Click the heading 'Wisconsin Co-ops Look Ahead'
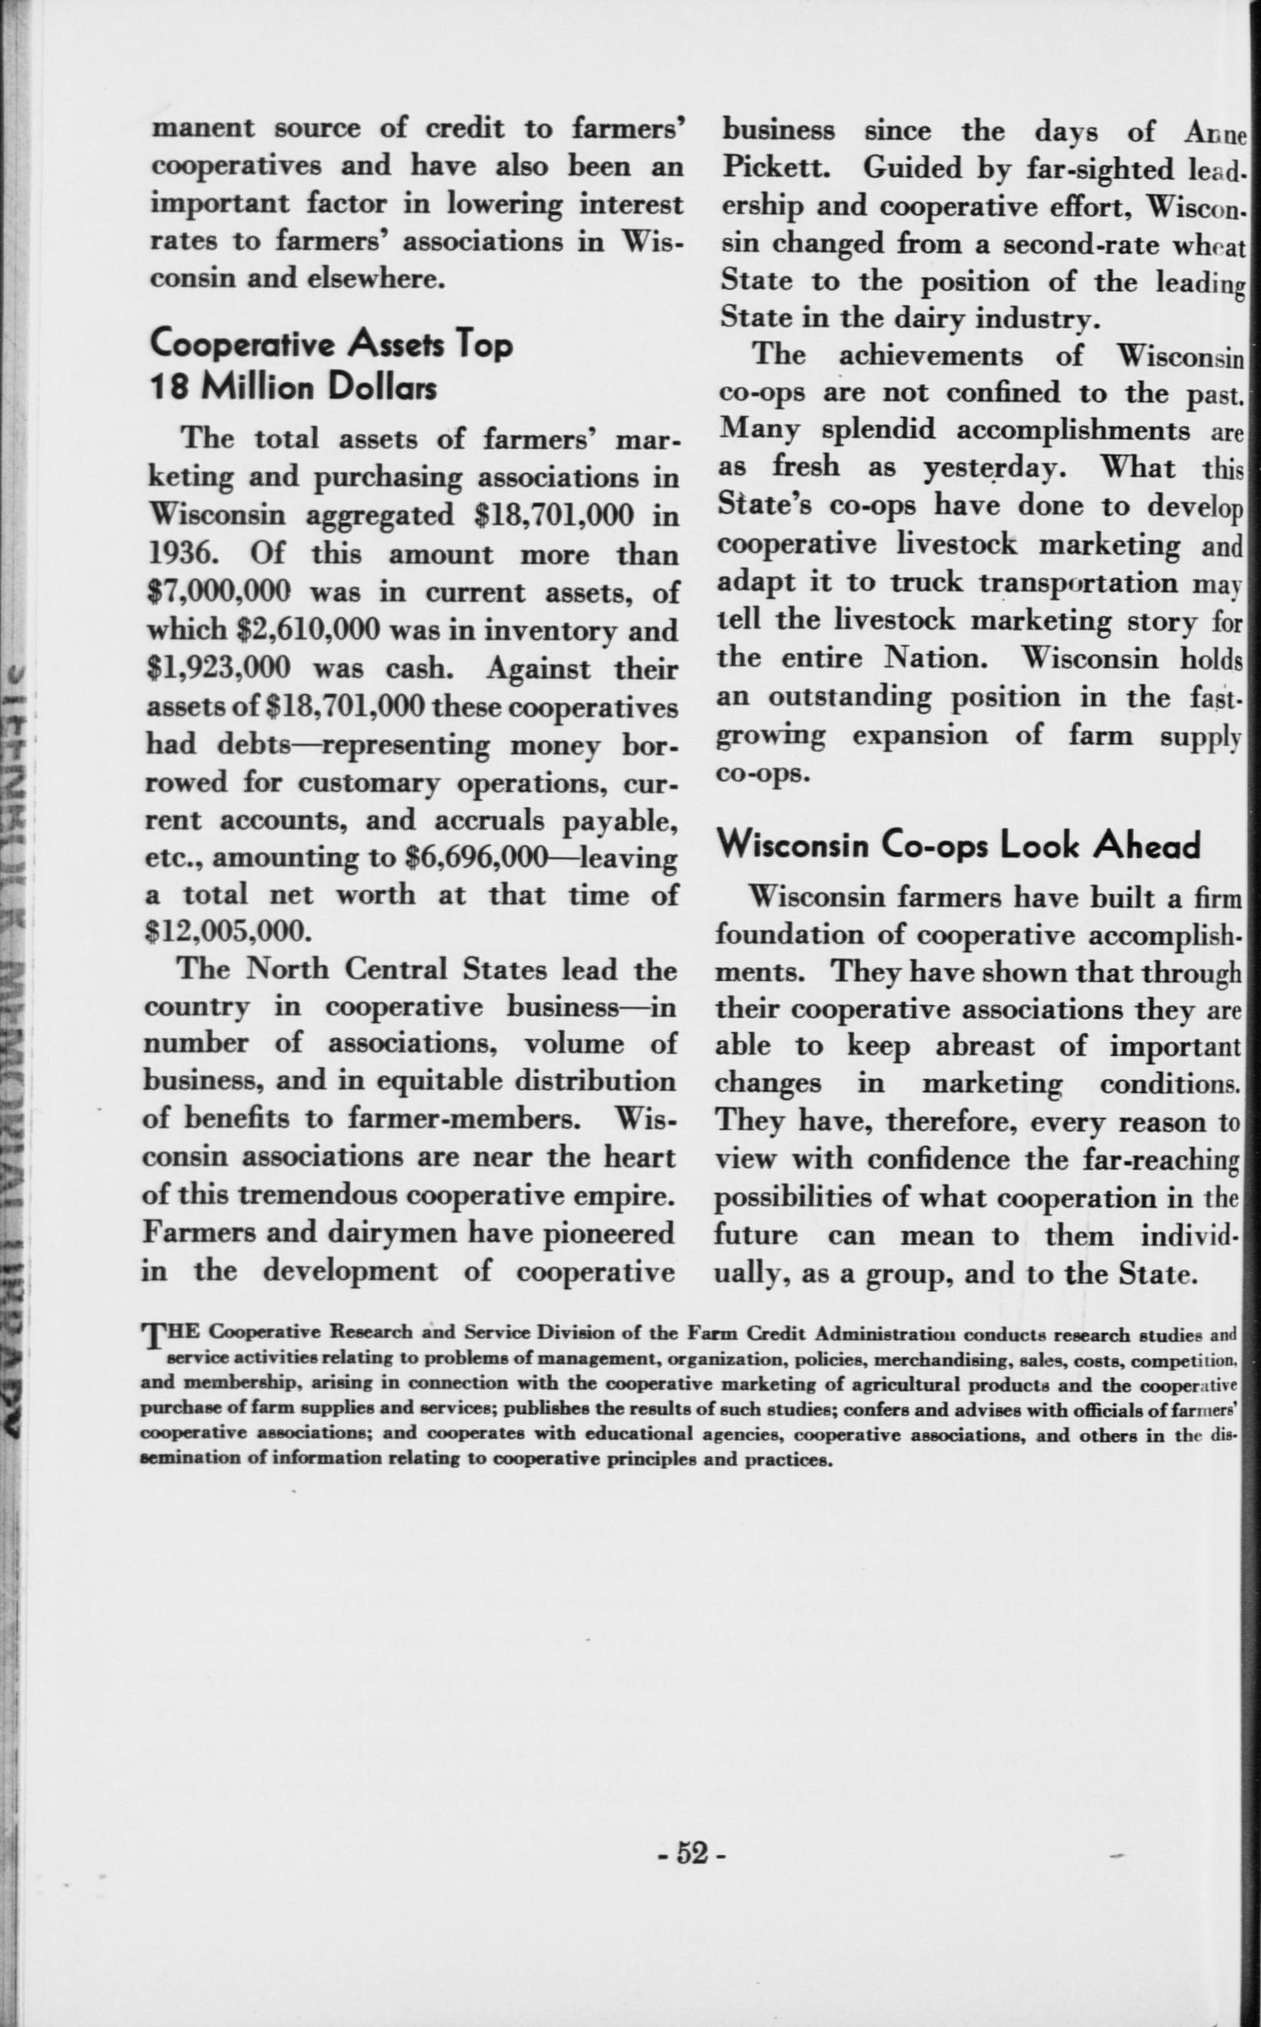pos(959,846)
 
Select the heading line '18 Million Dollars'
pos(293,389)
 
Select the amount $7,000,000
pos(218,591)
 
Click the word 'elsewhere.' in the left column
pos(374,278)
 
